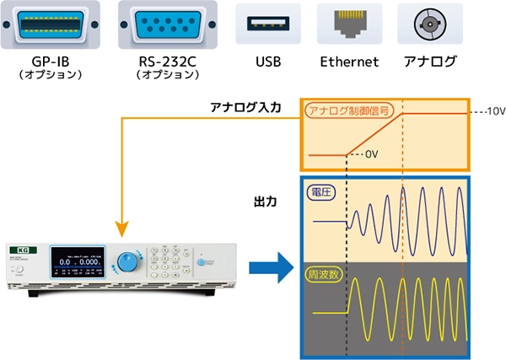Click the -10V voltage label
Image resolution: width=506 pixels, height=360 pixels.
click(490, 112)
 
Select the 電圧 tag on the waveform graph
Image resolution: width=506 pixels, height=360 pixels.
click(322, 192)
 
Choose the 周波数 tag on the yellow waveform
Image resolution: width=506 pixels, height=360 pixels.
click(326, 275)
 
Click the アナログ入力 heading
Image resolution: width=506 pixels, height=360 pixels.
click(241, 108)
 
